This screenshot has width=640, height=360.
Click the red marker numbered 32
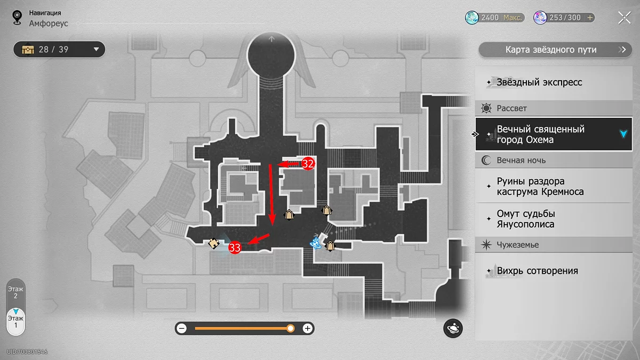click(x=308, y=163)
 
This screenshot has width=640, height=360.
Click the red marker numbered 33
click(x=235, y=247)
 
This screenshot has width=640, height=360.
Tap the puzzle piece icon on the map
click(x=214, y=243)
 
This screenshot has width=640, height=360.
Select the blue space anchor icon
click(x=315, y=243)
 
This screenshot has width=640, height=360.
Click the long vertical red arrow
click(x=271, y=195)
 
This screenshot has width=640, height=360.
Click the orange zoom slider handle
click(x=290, y=329)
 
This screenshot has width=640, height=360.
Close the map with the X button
click(x=625, y=18)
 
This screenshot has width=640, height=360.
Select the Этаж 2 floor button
click(x=15, y=292)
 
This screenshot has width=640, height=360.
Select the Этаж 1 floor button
click(x=15, y=322)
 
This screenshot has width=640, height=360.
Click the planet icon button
click(x=453, y=329)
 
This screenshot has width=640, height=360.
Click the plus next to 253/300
click(x=590, y=18)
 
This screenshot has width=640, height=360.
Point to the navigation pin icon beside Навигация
click(x=17, y=18)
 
